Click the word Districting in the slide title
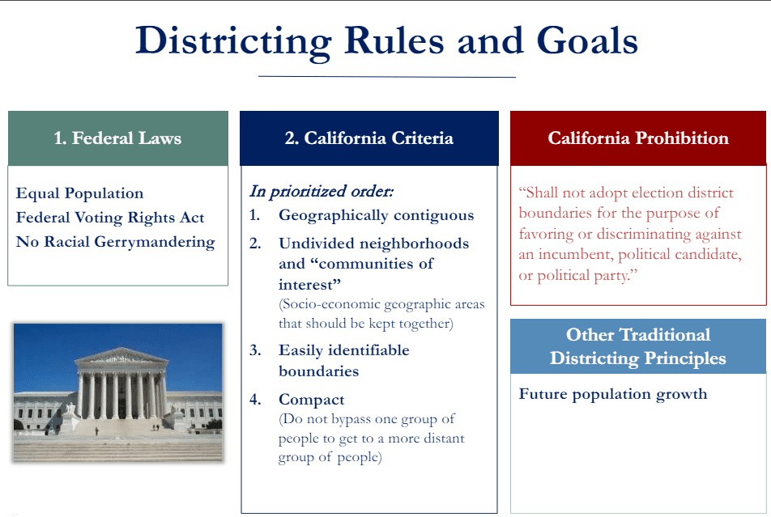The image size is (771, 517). pyautogui.click(x=233, y=41)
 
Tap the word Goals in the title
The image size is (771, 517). pyautogui.click(x=587, y=40)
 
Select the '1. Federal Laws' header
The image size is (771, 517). pyautogui.click(x=117, y=138)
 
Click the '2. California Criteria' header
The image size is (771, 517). pyautogui.click(x=368, y=138)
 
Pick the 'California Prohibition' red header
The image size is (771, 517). pyautogui.click(x=638, y=138)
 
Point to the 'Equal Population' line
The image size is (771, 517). pyautogui.click(x=79, y=193)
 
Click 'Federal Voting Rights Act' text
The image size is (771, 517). pyautogui.click(x=110, y=217)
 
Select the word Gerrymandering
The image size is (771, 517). pyautogui.click(x=155, y=242)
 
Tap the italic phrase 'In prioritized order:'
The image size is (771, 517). pyautogui.click(x=322, y=191)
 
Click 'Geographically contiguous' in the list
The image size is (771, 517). pyautogui.click(x=376, y=215)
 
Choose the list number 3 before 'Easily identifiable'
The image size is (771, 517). pyautogui.click(x=255, y=350)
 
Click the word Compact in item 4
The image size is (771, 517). pyautogui.click(x=311, y=400)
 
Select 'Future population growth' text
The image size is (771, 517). pyautogui.click(x=613, y=394)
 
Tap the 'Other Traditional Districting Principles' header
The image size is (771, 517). pyautogui.click(x=638, y=346)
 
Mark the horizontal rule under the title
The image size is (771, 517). pyautogui.click(x=387, y=77)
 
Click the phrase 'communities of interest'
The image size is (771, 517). pyautogui.click(x=356, y=273)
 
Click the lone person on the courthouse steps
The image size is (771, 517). pyautogui.click(x=96, y=431)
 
